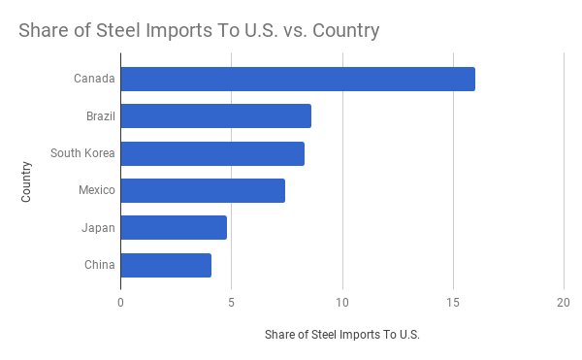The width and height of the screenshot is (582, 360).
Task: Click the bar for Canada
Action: click(298, 79)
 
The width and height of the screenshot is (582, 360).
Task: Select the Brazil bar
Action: click(215, 116)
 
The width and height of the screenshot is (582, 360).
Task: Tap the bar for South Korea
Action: click(212, 153)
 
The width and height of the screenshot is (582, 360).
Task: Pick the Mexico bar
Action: click(203, 190)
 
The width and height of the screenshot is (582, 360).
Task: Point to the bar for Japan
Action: click(174, 228)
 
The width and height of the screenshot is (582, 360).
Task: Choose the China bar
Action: click(166, 265)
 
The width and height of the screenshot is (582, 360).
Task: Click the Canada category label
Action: click(94, 79)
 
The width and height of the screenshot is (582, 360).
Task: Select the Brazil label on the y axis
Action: click(101, 116)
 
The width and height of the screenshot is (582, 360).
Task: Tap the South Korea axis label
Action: click(82, 153)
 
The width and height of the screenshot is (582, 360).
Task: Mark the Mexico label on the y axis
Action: click(97, 190)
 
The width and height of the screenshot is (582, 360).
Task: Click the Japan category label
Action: click(99, 228)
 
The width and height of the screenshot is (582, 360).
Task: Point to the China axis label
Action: click(100, 265)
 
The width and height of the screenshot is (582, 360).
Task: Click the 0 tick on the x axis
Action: click(120, 301)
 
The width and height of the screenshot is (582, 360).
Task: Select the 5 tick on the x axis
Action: click(232, 301)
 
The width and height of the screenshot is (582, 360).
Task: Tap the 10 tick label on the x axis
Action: click(342, 301)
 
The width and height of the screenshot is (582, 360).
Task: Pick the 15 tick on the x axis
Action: click(453, 301)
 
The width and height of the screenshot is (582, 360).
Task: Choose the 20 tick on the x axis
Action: click(564, 301)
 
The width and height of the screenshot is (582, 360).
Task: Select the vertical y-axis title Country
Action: click(26, 181)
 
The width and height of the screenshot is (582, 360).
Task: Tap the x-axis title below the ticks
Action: click(341, 335)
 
